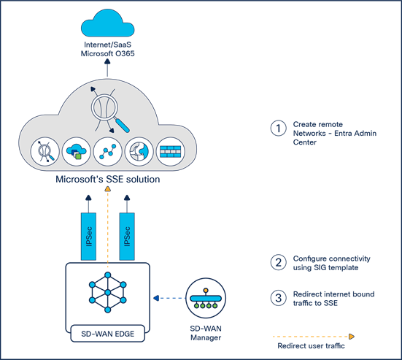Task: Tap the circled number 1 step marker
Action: pos(277,128)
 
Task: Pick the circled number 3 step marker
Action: pos(277,297)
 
